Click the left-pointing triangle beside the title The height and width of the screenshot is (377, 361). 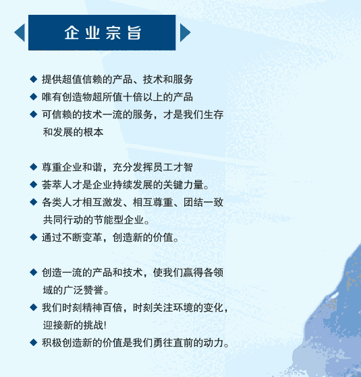point(21,32)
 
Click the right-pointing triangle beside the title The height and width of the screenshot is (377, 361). point(185,32)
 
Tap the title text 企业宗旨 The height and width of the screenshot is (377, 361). point(103,32)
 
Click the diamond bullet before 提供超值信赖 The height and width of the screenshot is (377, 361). point(34,79)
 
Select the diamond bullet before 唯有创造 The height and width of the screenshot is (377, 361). point(34,97)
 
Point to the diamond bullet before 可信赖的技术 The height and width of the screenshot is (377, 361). point(34,114)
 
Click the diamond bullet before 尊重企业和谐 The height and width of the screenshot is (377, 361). point(34,167)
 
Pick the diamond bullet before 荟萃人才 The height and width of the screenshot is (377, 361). point(34,184)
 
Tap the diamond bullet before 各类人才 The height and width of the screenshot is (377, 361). point(34,202)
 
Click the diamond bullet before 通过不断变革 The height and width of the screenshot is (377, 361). point(34,237)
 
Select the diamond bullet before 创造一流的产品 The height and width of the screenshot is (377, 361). point(34,272)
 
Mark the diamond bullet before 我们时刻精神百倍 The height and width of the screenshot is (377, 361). point(34,307)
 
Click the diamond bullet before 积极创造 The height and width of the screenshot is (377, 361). point(34,343)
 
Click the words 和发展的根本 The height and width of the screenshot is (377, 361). point(73,132)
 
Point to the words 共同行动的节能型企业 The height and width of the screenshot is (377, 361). point(93,219)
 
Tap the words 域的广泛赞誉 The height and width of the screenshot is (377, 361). point(73,290)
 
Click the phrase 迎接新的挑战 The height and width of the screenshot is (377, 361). point(73,325)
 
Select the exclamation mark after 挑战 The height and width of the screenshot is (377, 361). point(105,325)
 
